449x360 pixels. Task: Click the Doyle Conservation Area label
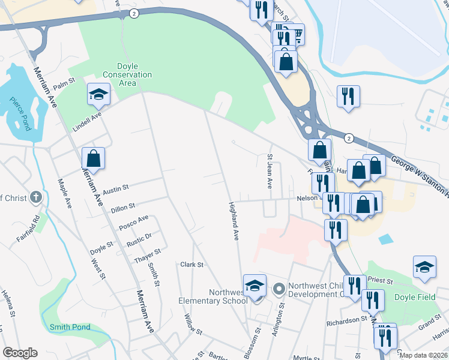pyautogui.click(x=127, y=74)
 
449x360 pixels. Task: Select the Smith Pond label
pyautogui.click(x=70, y=327)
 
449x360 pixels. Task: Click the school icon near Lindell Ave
pyautogui.click(x=98, y=94)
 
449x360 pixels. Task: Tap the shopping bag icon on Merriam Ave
pyautogui.click(x=93, y=158)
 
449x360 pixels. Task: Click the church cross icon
pyautogui.click(x=36, y=197)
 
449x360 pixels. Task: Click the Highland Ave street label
pyautogui.click(x=234, y=221)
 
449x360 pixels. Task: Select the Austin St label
pyautogui.click(x=116, y=190)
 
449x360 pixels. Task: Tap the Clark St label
pyautogui.click(x=192, y=264)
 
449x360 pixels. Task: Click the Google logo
pyautogui.click(x=20, y=353)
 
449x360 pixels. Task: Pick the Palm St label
pyautogui.click(x=63, y=79)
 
